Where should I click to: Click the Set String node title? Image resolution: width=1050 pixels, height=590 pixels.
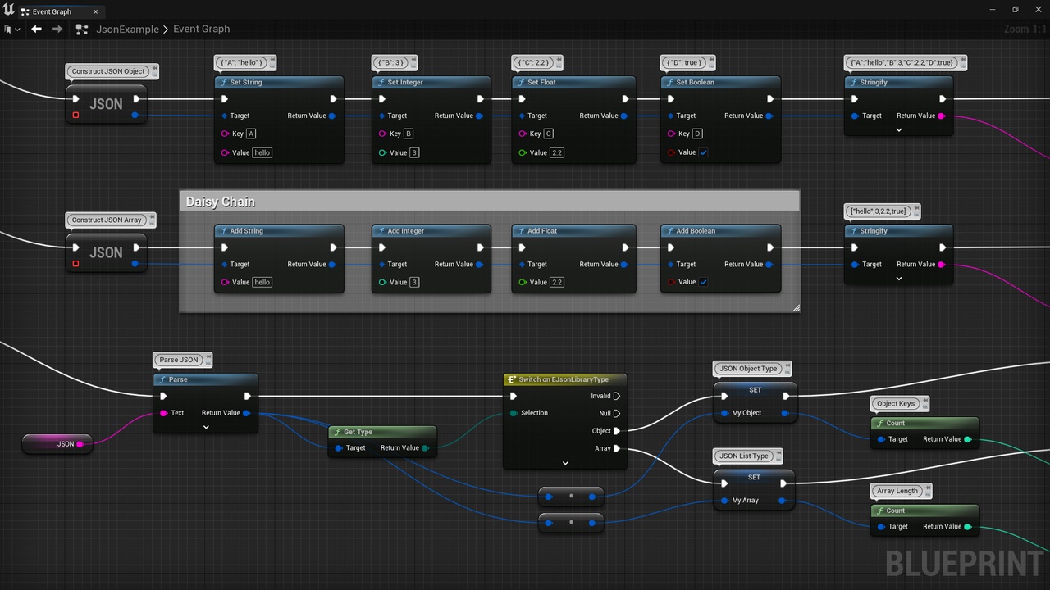coord(245,83)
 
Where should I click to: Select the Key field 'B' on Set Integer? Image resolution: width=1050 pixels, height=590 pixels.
coord(409,134)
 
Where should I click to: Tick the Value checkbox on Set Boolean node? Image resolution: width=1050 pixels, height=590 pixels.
coord(703,152)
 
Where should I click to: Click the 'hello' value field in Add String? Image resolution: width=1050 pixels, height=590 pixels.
coord(262,282)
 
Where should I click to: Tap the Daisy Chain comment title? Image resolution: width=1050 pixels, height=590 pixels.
coord(221,202)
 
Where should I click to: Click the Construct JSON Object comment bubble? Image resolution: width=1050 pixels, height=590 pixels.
coord(108,71)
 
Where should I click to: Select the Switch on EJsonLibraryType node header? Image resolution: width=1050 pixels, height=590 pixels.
coord(564,379)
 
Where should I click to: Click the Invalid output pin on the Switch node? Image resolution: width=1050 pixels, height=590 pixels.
coord(617,396)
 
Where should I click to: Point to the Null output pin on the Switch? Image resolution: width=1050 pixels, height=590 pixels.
coord(617,414)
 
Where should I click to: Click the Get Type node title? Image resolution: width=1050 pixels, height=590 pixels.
coord(358,432)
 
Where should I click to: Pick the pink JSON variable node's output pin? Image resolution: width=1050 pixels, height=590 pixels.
coord(80,444)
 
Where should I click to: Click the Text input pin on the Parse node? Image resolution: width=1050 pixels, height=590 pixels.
coord(163,413)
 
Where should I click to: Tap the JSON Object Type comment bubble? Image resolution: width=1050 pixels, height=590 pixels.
coord(748,369)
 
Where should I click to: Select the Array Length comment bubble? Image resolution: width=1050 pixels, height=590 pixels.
coord(897,491)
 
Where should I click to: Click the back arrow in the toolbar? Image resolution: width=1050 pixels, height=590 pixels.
coord(36,29)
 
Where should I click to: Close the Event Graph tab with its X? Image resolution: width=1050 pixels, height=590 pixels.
coord(96,11)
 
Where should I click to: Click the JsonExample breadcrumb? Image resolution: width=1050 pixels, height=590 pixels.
coord(127,29)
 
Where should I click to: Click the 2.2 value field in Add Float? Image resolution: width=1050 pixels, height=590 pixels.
coord(557,282)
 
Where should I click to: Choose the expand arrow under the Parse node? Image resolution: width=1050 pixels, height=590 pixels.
coord(206,427)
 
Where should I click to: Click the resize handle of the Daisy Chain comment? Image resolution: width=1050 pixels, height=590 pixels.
coord(796,308)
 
